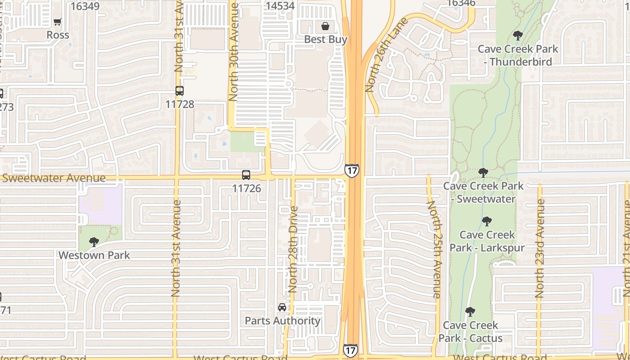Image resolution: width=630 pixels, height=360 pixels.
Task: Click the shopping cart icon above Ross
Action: tap(57, 22)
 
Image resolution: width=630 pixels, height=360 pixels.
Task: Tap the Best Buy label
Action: tap(325, 40)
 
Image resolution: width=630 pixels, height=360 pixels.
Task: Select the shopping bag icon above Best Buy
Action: tap(325, 26)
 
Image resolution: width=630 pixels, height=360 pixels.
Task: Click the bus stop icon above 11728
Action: tap(180, 91)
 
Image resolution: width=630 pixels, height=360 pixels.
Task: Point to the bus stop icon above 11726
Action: tap(246, 175)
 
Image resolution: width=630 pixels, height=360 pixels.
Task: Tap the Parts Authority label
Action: tap(283, 321)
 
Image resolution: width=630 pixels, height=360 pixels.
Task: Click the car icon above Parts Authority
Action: tap(282, 308)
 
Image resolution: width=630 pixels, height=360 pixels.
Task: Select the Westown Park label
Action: tap(94, 255)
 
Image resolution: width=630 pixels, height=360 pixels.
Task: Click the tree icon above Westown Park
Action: tap(94, 242)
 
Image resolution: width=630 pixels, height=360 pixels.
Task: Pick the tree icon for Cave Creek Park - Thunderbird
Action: tap(517, 36)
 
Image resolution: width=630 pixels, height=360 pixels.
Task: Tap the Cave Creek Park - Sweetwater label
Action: tap(483, 192)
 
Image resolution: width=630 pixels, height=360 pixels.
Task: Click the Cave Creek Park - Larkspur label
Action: tap(487, 241)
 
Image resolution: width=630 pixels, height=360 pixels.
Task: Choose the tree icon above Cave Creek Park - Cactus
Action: tap(470, 311)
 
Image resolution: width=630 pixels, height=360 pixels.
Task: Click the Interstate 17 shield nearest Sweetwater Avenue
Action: tap(352, 170)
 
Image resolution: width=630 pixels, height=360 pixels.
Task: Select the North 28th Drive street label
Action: tap(293, 249)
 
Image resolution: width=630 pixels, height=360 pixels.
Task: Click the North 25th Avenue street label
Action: tap(434, 250)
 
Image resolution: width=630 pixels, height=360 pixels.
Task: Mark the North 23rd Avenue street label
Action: tap(540, 248)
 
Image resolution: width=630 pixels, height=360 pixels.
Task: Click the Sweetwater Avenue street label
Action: tap(54, 178)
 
